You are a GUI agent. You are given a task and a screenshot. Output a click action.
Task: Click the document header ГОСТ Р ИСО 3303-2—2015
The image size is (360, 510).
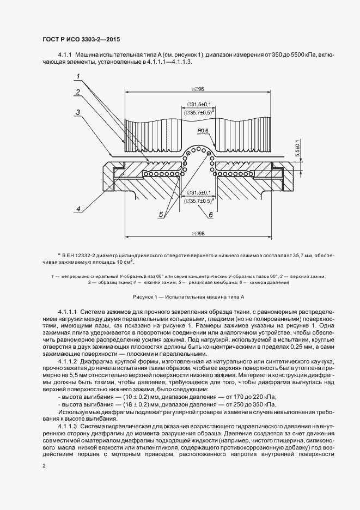coord(81,40)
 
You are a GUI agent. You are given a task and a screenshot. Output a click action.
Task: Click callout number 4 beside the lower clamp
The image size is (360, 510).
coord(79,209)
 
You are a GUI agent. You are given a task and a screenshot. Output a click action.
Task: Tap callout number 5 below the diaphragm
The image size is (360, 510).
coord(161,215)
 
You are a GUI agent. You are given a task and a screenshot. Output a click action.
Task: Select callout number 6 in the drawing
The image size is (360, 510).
coord(210,215)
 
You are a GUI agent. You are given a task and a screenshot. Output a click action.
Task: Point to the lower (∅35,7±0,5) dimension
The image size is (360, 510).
coord(198,201)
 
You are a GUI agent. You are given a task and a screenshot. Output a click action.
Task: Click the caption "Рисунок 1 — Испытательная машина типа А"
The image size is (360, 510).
coord(189,297)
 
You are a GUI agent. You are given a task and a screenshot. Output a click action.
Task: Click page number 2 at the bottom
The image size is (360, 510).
coord(44,466)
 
